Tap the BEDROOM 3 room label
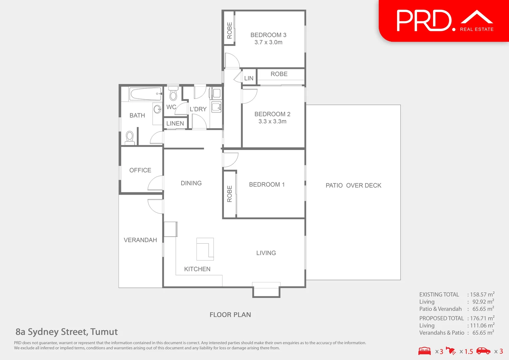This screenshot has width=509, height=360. tap(268, 35)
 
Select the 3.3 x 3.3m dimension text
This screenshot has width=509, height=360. tap(272, 121)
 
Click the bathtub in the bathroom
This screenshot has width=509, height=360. tap(146, 94)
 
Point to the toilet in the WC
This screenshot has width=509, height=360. tap(173, 94)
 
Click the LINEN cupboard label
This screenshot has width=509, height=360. tap(175, 123)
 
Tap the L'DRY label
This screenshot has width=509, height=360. tap(198, 109)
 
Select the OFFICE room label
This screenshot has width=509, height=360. tap(140, 170)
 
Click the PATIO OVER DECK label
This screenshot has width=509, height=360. tap(353, 185)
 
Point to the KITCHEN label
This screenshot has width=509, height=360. tap(197, 269)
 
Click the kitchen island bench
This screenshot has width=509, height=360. tap(205, 249)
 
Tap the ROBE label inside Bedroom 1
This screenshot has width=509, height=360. tap(230, 194)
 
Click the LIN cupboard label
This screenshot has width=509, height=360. tap(249, 78)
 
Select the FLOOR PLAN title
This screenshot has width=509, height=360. tap(230, 315)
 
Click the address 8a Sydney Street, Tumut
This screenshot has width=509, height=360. tap(67, 332)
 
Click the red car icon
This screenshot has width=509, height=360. tap(483, 351)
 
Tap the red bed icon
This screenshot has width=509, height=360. tap(424, 351)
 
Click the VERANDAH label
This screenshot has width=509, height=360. tap(140, 240)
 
